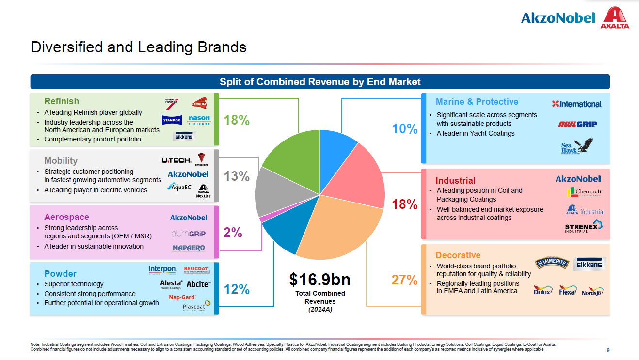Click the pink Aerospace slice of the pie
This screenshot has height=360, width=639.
click(x=262, y=219)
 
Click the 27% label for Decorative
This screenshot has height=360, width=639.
click(x=404, y=280)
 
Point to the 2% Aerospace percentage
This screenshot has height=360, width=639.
click(x=233, y=233)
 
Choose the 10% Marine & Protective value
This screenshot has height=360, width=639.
click(x=404, y=129)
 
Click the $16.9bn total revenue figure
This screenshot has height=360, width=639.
click(x=319, y=280)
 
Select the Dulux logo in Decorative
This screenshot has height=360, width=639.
click(x=543, y=291)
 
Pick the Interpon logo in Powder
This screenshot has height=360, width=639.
click(x=162, y=269)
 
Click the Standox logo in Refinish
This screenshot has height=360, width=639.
click(x=172, y=119)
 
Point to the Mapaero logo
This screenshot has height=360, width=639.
click(x=189, y=248)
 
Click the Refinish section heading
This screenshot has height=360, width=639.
click(x=62, y=101)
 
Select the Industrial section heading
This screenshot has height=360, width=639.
click(x=455, y=181)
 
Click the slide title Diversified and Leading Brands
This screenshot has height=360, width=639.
click(x=139, y=47)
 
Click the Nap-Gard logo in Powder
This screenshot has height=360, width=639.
click(x=182, y=297)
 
